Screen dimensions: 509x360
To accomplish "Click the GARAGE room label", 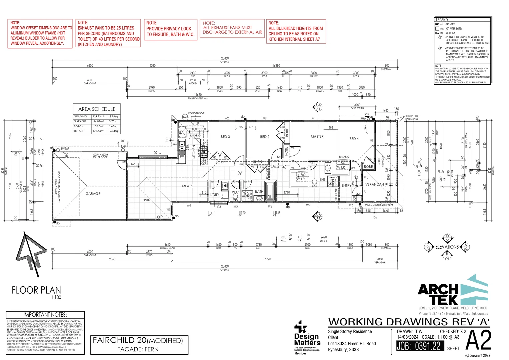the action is point(93,194).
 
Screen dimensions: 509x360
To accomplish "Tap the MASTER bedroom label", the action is point(317,136).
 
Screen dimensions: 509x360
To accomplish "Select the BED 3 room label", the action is point(225,137).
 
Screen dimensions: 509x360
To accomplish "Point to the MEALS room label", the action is point(187,186).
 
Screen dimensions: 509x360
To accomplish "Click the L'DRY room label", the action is point(215,195).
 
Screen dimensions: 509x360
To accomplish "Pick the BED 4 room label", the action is point(354,139).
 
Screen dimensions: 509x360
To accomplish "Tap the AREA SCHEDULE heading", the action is point(97,109).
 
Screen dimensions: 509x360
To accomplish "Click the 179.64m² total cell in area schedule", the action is point(98,131).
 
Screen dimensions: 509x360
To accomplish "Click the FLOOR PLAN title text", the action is point(36,290).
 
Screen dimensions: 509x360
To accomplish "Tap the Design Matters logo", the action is point(307,337).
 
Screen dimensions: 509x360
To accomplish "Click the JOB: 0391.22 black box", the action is point(420,346).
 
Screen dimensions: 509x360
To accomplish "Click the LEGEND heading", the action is point(442,20).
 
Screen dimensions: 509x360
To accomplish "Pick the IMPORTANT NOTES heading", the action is point(45,315).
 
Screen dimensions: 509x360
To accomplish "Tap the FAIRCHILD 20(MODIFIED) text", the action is point(138,340).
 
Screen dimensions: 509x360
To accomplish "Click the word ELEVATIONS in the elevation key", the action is point(447,247).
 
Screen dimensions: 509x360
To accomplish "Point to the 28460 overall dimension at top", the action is point(225,58).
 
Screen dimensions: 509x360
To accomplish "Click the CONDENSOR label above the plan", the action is point(196,113).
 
